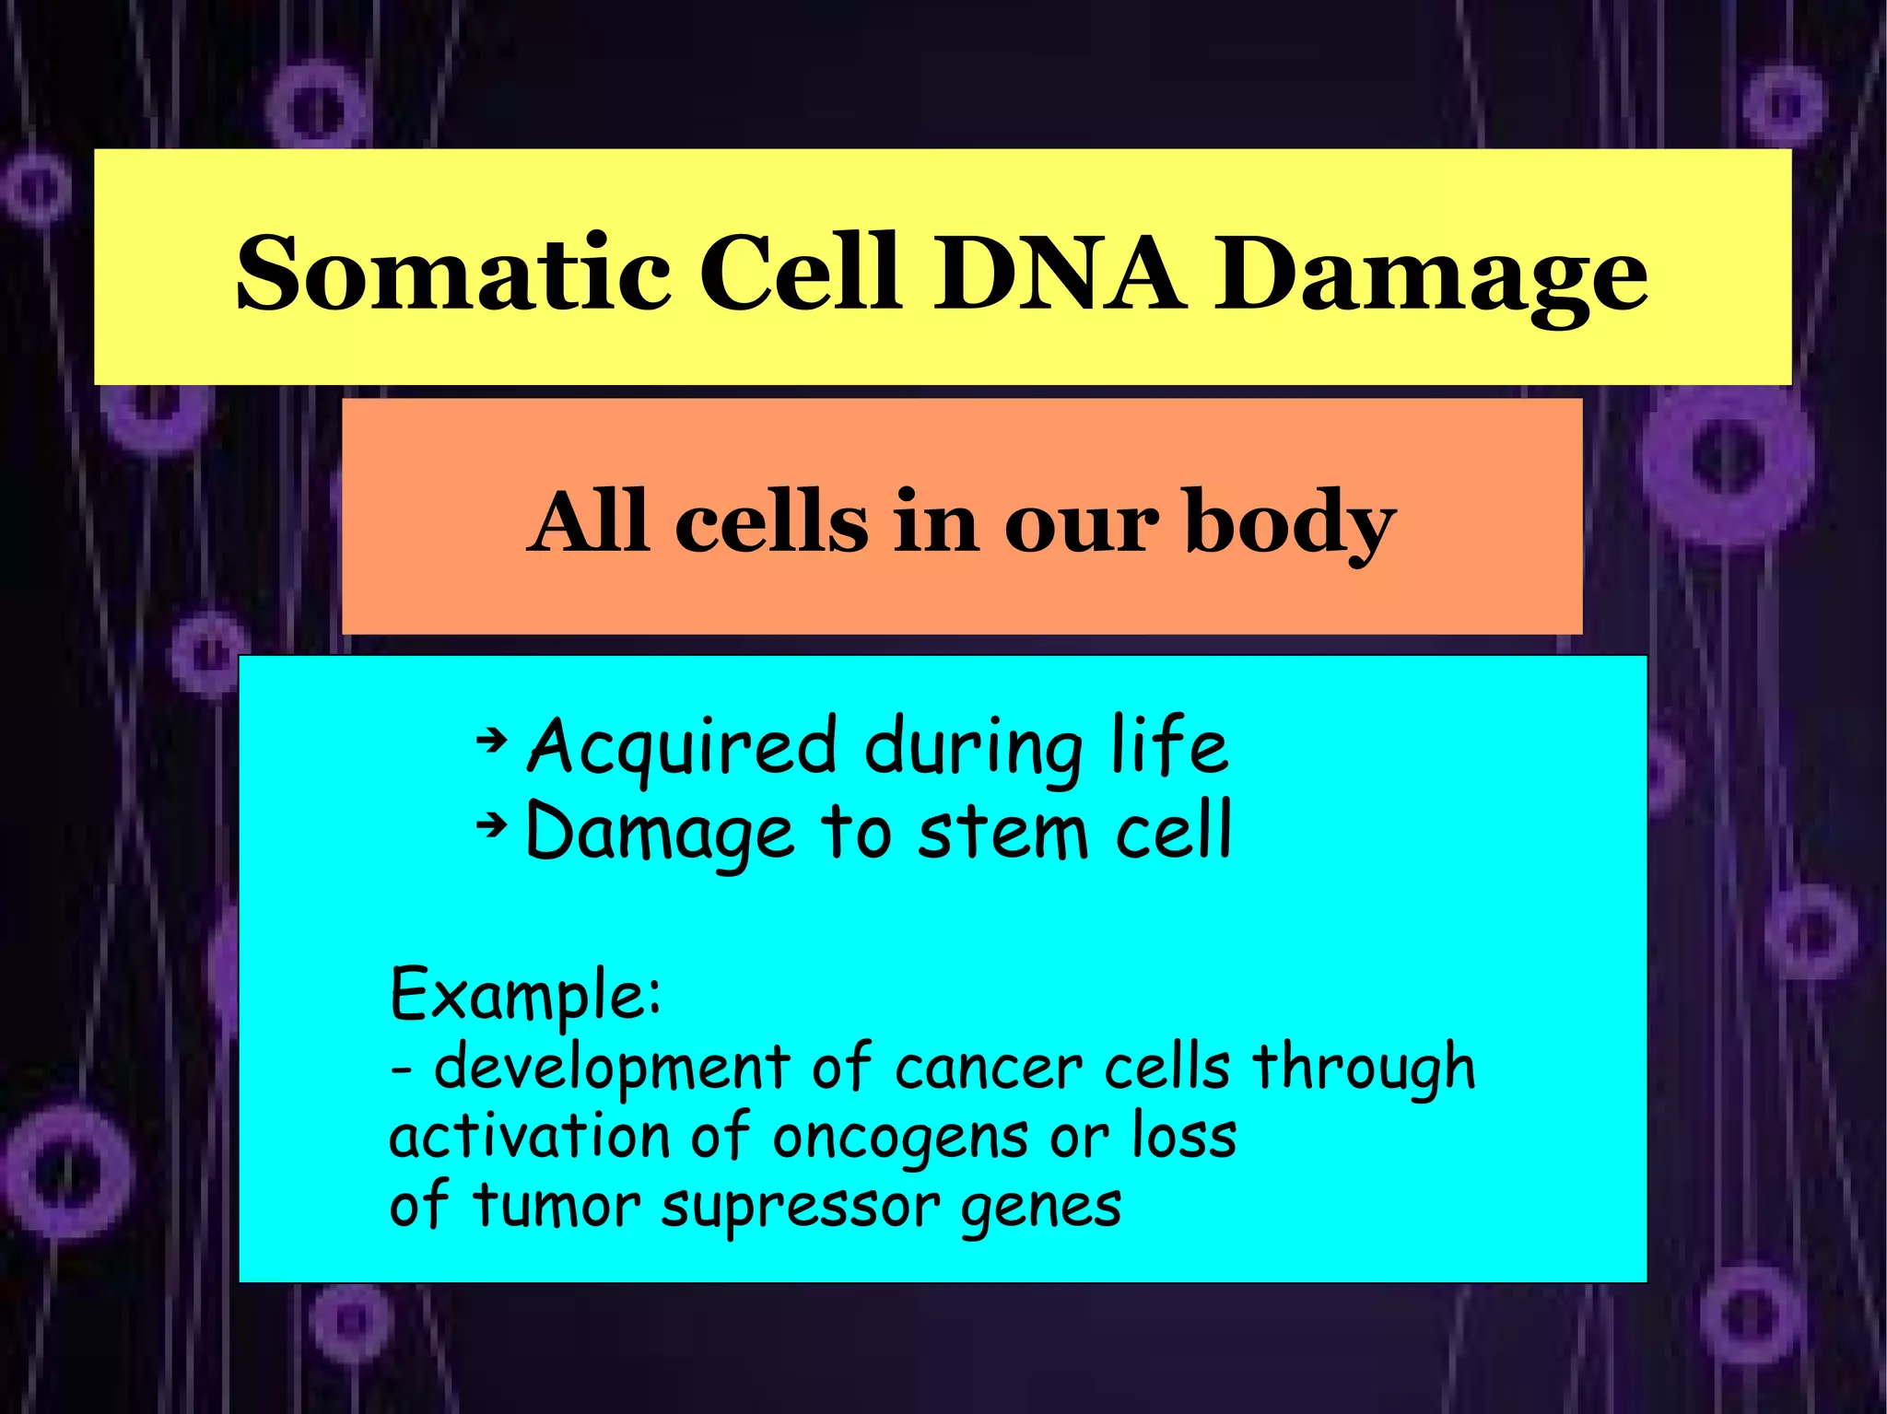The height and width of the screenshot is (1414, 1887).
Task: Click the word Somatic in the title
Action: tap(451, 273)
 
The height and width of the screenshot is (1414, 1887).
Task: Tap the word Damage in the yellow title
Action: tap(1430, 276)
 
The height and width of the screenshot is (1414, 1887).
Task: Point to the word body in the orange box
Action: tap(1290, 523)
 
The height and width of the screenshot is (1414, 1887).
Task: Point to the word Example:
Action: tap(525, 995)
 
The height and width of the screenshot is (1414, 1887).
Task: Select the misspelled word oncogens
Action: tap(899, 1139)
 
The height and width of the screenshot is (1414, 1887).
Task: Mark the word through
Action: tap(1364, 1069)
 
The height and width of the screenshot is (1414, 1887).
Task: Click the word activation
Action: tap(529, 1137)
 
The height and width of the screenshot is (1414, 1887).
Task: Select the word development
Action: tap(612, 1069)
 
